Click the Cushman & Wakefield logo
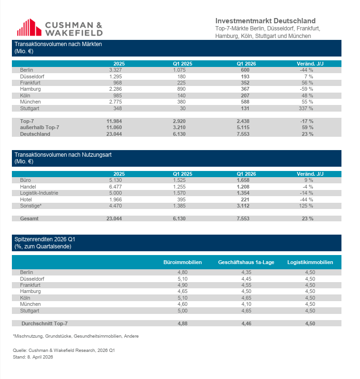[59, 28]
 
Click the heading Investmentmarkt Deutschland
[265, 21]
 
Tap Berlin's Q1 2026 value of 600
[246, 70]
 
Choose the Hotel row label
[26, 199]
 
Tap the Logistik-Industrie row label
[39, 193]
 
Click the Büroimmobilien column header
[183, 262]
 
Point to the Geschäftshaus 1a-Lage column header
[246, 262]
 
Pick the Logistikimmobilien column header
[310, 262]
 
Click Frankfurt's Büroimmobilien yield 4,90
[182, 285]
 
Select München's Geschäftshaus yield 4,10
[246, 304]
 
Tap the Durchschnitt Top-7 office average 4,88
[182, 323]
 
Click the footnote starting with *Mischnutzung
[76, 336]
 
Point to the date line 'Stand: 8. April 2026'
[33, 357]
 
